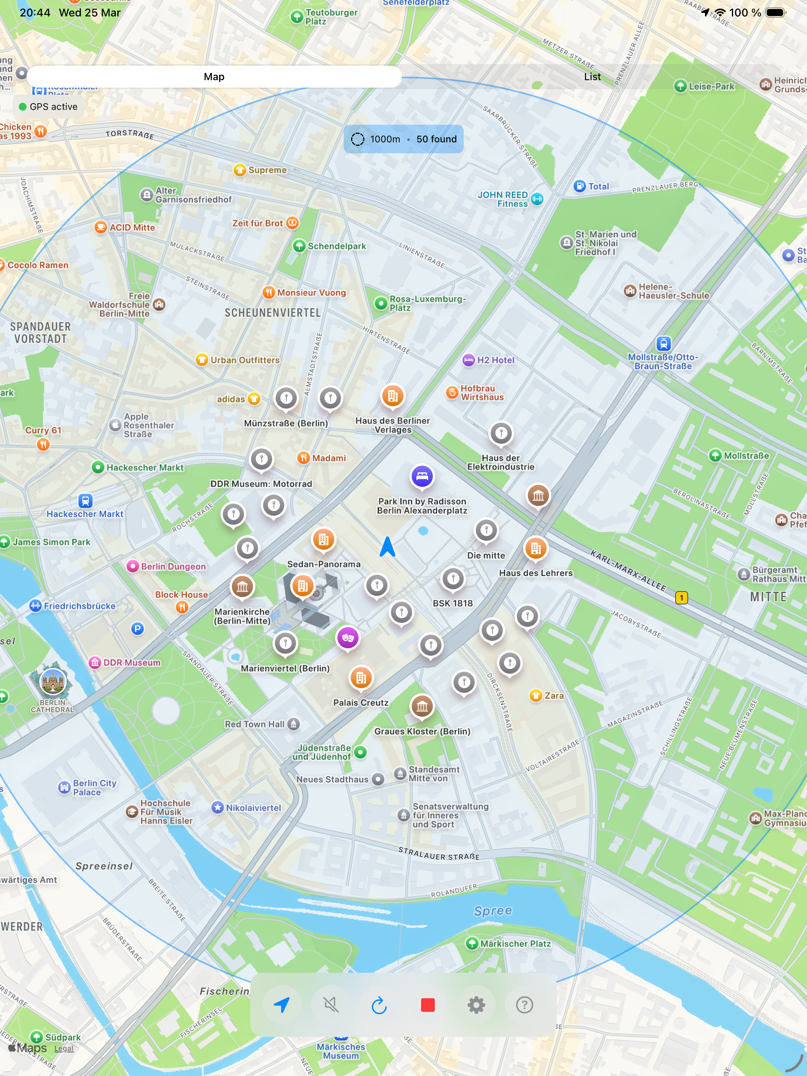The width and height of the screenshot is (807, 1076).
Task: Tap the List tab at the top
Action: [x=592, y=77]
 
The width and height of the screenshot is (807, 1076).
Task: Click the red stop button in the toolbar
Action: [x=428, y=1004]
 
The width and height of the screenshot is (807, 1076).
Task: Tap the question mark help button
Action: [x=524, y=1004]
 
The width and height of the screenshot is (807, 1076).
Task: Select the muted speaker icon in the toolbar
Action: [x=331, y=1004]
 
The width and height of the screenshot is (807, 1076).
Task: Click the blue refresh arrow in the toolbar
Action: [x=379, y=1004]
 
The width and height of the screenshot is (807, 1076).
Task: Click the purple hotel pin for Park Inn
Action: [x=422, y=476]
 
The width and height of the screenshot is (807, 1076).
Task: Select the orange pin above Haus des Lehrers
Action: [x=536, y=548]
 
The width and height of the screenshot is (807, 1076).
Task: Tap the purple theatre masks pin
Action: [x=348, y=637]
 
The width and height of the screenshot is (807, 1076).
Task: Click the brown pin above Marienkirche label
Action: [x=242, y=586]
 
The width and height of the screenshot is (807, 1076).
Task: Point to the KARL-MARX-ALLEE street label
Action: [x=628, y=570]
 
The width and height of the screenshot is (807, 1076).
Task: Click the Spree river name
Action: [x=493, y=911]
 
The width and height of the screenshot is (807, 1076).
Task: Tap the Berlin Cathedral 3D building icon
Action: [x=52, y=681]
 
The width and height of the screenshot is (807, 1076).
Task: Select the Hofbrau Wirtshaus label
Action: [x=482, y=393]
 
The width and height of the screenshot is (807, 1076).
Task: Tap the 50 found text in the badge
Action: [x=436, y=139]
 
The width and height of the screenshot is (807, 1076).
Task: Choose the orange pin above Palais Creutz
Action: [x=361, y=677]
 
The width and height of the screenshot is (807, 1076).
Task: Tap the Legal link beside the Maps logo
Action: [x=64, y=1048]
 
